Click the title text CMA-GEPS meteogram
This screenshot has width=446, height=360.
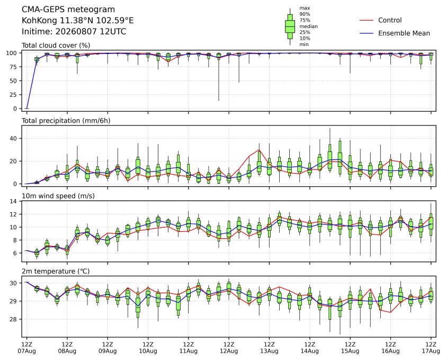pos(68,10)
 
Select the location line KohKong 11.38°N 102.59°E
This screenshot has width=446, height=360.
pos(78,21)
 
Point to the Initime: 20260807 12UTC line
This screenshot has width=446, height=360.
pos(74,31)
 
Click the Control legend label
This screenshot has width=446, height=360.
pos(390,20)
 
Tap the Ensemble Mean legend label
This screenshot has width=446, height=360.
pos(404,33)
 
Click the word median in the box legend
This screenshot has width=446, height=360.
pos(308,26)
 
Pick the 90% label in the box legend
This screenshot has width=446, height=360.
pos(305,14)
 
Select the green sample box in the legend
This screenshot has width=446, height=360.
pos(290,26)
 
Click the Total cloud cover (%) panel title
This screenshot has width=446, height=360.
pos(56,46)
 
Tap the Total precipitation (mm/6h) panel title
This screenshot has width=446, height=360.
pos(66,121)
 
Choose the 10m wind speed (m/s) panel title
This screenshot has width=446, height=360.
pos(58,196)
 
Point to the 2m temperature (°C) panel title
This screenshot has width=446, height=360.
pos(56,271)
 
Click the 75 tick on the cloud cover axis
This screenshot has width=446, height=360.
pos(14,67)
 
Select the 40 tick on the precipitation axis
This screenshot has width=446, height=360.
pos(14,139)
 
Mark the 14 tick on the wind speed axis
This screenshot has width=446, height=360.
pos(14,201)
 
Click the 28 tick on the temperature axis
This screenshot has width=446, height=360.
pos(14,319)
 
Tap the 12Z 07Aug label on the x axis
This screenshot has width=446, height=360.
pos(26,347)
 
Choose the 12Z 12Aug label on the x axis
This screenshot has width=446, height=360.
pos(229,347)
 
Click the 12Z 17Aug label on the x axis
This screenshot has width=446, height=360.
pos(431,347)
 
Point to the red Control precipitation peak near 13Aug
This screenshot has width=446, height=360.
pos(259,150)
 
